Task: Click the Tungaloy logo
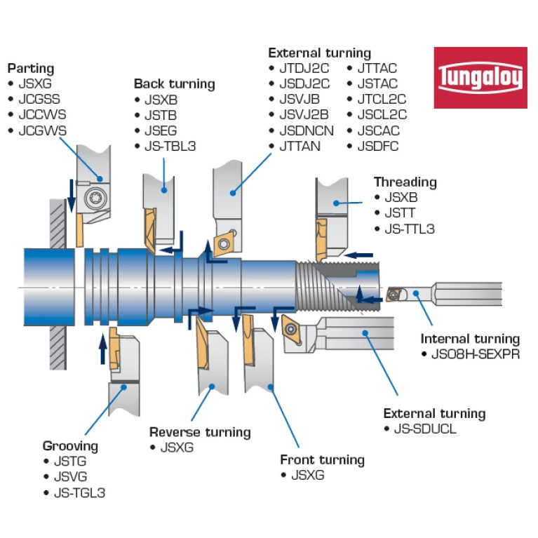click(480, 77)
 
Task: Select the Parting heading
click(30, 69)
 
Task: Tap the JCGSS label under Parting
click(39, 99)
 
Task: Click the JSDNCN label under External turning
click(307, 130)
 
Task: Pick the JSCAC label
click(382, 130)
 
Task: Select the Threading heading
click(405, 182)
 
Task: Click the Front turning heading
click(322, 460)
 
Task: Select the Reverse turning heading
click(200, 432)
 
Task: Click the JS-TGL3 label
click(79, 492)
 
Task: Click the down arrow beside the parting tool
click(72, 194)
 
